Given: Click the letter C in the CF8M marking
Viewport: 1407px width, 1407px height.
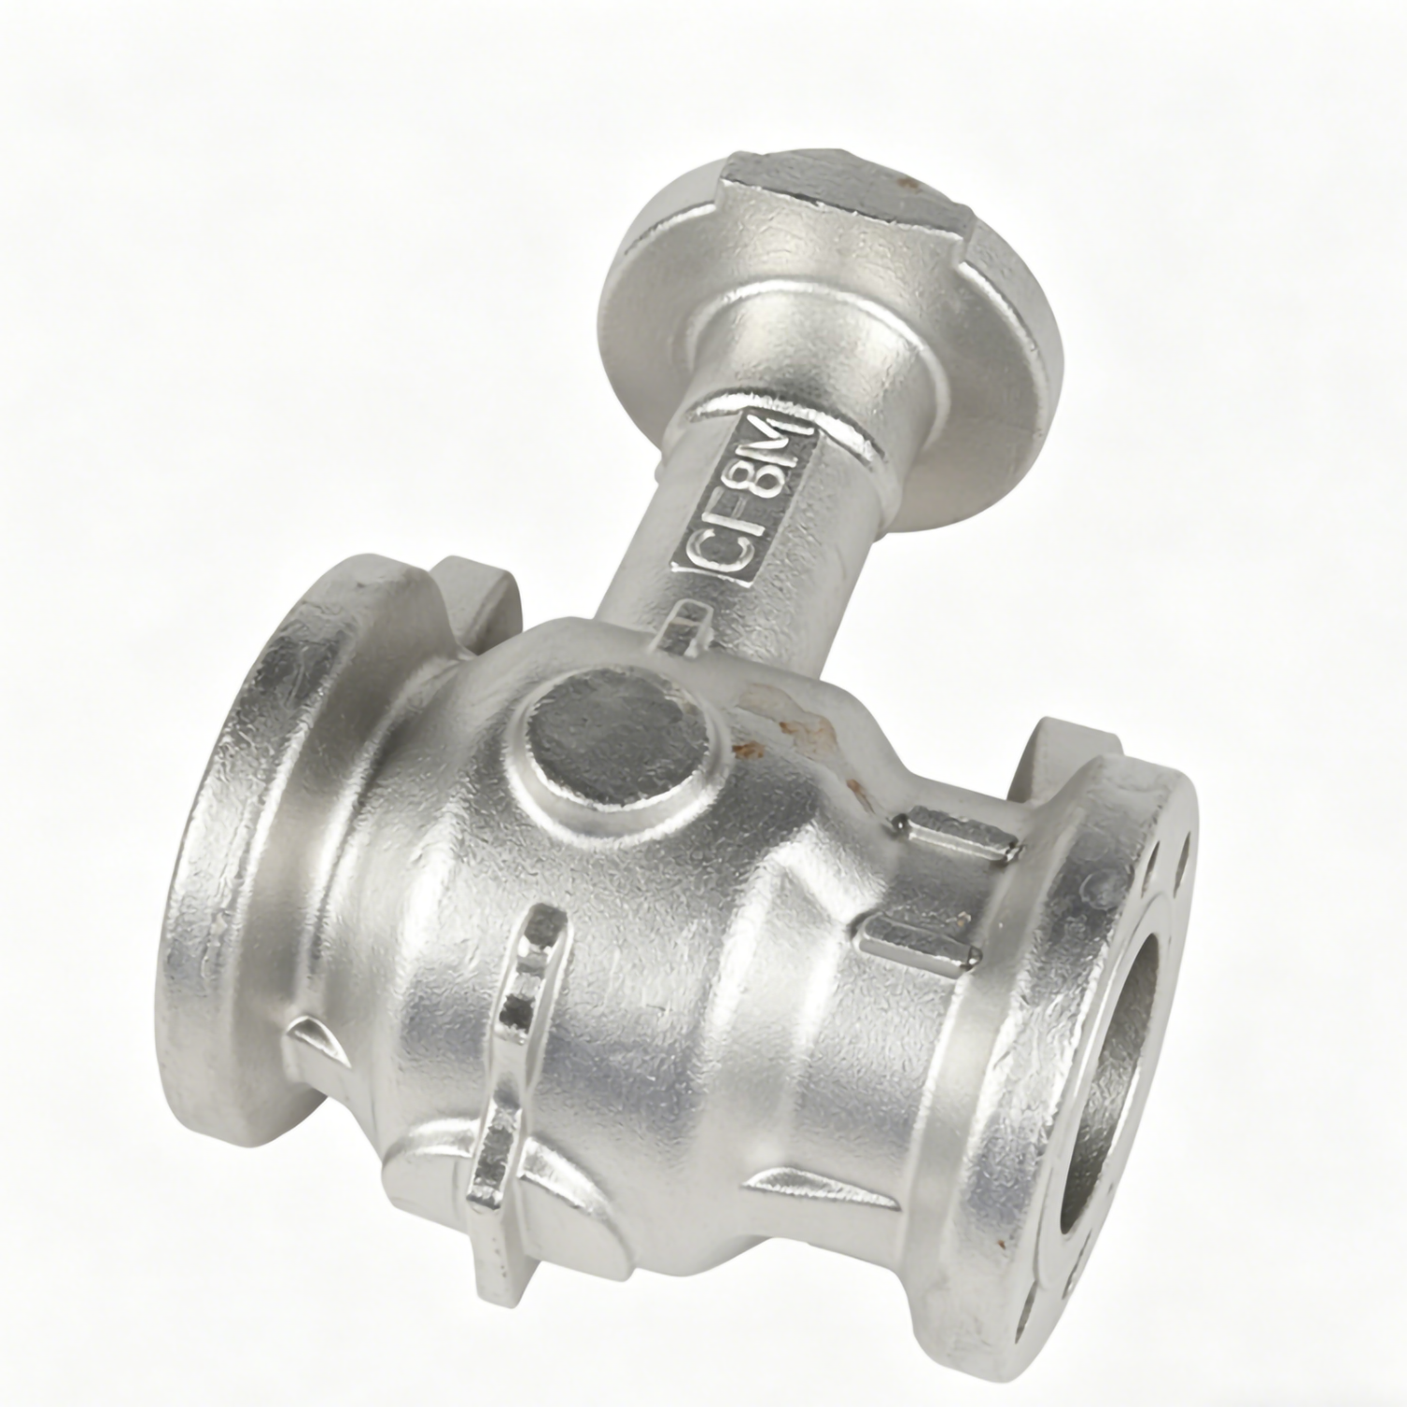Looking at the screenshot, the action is pyautogui.click(x=702, y=554).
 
